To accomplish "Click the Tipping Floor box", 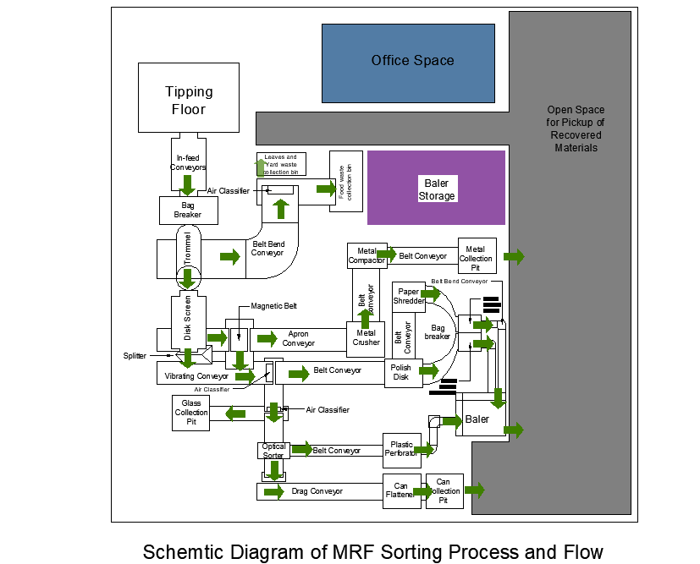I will coord(188,99).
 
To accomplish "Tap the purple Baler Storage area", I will coord(436,189).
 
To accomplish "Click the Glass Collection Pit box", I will coord(191,413).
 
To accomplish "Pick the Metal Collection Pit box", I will coord(476,255).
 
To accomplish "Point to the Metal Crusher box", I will coord(367,338).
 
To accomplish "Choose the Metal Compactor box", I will coord(367,255).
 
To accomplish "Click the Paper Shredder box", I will coord(410,296).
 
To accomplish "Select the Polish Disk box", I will coord(401,372).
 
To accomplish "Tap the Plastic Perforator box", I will coord(400,449).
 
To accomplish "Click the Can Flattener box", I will coord(400,490).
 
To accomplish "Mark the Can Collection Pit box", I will coord(444,490).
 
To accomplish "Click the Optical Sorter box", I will coord(273,451).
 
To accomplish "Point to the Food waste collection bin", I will coord(350,183).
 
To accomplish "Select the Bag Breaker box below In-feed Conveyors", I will coord(188,211).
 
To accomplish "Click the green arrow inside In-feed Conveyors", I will coord(188,184).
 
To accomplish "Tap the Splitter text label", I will coord(134,356).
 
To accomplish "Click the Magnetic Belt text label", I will coord(274,305).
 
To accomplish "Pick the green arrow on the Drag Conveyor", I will coord(273,491).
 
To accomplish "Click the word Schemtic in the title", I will coord(181,552).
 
